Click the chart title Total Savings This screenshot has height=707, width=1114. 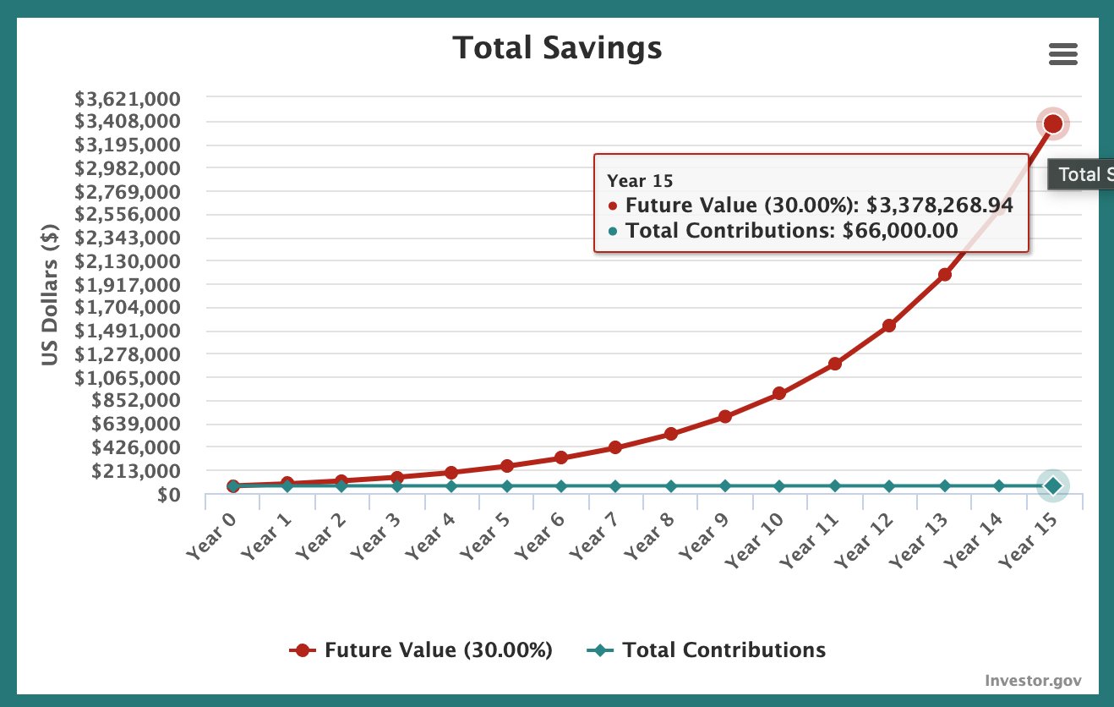point(557,47)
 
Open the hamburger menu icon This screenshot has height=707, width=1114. point(1062,55)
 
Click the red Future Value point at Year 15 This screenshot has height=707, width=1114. point(1052,124)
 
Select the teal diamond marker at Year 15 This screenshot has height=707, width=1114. point(1052,485)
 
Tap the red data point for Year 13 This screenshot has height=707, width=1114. point(945,274)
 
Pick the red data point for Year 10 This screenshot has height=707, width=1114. point(779,393)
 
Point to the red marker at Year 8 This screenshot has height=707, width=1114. point(670,434)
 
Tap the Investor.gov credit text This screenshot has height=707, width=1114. point(1033,681)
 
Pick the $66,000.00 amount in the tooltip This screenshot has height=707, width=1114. point(900,230)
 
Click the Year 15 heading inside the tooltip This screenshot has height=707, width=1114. point(640,181)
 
